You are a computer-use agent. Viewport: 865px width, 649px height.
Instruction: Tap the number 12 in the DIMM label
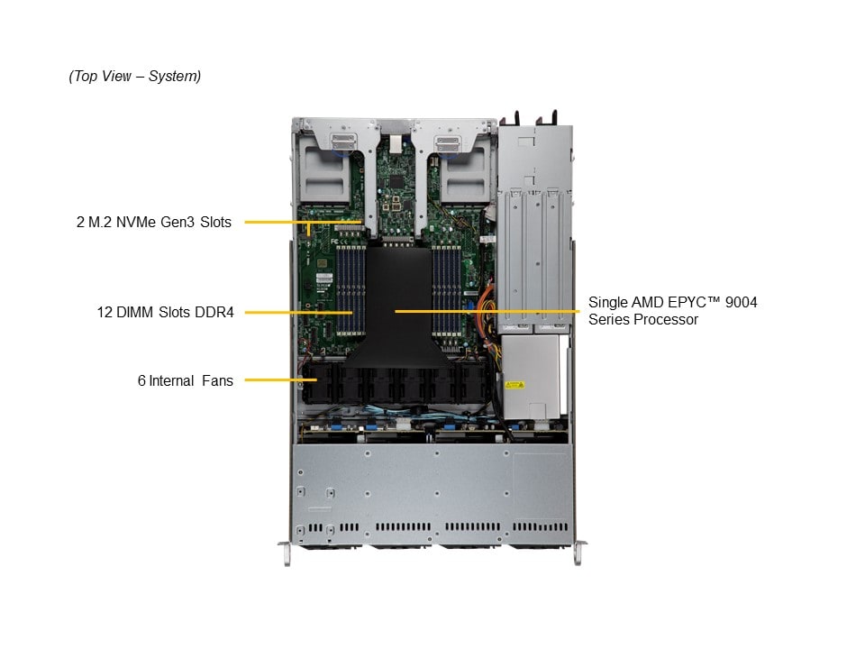pyautogui.click(x=105, y=313)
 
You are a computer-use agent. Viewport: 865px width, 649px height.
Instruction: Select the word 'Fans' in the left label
pyautogui.click(x=217, y=380)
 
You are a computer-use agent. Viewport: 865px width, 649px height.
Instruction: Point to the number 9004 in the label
pyautogui.click(x=741, y=303)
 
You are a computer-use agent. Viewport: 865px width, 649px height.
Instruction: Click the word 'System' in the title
pyautogui.click(x=174, y=76)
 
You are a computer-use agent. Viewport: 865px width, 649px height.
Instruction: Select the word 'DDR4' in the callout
pyautogui.click(x=214, y=313)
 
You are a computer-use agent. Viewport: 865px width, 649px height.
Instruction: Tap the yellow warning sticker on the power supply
pyautogui.click(x=514, y=385)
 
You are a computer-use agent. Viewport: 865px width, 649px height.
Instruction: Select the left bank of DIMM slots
pyautogui.click(x=351, y=290)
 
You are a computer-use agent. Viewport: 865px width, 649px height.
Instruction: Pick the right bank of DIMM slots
pyautogui.click(x=446, y=290)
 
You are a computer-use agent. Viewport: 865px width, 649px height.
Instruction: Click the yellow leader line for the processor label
pyautogui.click(x=487, y=311)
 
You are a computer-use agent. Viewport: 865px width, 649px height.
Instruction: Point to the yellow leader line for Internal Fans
pyautogui.click(x=281, y=379)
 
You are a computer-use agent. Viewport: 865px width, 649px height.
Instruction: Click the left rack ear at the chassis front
pyautogui.click(x=285, y=553)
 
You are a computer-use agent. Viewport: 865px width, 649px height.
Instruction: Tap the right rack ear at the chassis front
pyautogui.click(x=578, y=553)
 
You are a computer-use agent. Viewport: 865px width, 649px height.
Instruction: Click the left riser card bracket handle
pyautogui.click(x=342, y=142)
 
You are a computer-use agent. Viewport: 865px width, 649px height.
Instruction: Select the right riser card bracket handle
pyautogui.click(x=447, y=143)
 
